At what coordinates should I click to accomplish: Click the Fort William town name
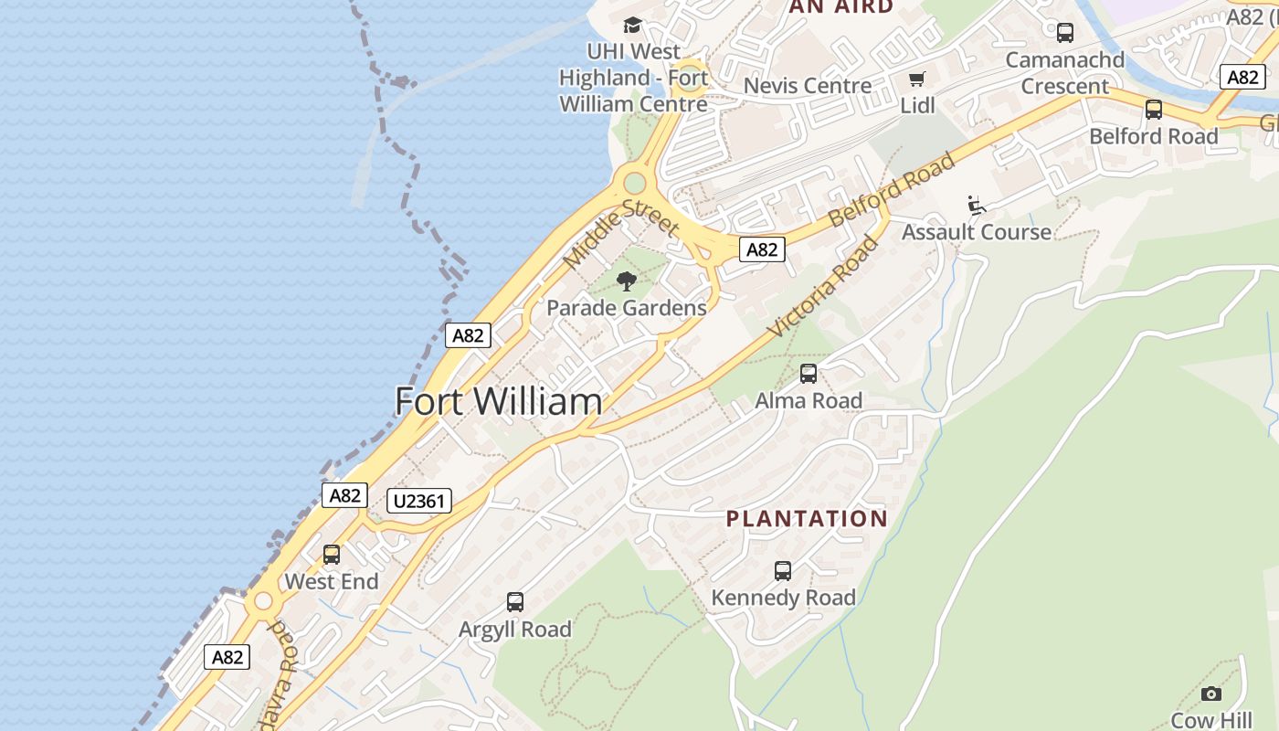(499, 402)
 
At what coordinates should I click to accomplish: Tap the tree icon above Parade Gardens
(627, 281)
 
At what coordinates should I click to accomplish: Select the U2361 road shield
(419, 501)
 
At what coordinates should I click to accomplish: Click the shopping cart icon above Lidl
(916, 79)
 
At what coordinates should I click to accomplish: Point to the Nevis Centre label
(808, 86)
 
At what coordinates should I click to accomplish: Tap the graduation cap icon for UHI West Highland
(632, 25)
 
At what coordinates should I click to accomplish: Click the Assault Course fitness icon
(977, 205)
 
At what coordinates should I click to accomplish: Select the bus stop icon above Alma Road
(809, 373)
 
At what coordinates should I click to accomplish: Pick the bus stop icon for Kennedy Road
(783, 570)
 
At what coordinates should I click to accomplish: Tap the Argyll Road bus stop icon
(515, 601)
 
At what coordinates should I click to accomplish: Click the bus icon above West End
(332, 554)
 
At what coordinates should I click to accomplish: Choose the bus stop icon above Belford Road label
(1154, 110)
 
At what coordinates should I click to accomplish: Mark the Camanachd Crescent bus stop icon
(1065, 33)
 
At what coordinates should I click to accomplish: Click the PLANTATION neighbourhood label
(807, 519)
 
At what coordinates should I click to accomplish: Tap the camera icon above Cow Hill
(1211, 694)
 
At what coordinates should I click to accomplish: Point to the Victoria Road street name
(824, 287)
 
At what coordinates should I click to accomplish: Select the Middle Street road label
(621, 234)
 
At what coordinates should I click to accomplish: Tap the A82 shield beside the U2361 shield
(344, 495)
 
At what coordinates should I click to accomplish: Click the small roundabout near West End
(264, 601)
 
